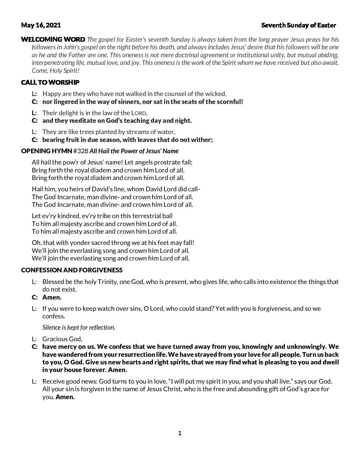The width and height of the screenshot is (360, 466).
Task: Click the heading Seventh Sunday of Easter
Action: click(x=298, y=25)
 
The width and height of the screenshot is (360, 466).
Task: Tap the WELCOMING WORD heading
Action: click(x=53, y=39)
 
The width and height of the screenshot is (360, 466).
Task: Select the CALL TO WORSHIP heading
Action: click(x=50, y=82)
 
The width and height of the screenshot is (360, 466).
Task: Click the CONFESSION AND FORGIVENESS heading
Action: click(x=71, y=270)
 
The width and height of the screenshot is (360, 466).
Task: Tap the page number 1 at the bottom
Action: click(x=180, y=433)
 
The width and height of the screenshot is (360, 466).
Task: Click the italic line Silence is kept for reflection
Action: click(x=79, y=327)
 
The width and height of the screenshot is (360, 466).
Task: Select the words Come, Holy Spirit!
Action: click(x=56, y=70)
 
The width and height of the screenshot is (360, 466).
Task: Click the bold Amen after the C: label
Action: click(x=52, y=297)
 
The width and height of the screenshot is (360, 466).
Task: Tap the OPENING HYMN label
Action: click(x=46, y=151)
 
